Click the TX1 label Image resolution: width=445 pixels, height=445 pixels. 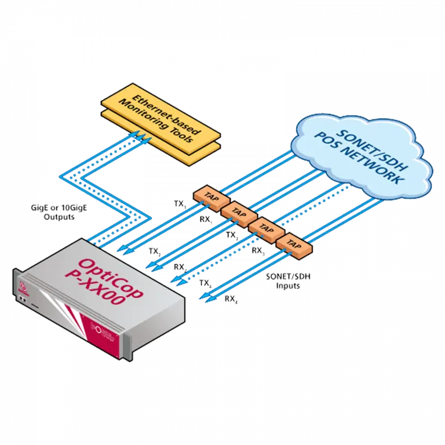(180, 205)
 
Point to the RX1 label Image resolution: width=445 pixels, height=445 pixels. (206, 220)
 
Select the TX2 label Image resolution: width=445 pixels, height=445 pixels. (155, 251)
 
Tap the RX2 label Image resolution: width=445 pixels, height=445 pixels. (181, 267)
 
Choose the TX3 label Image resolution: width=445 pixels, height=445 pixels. (232, 235)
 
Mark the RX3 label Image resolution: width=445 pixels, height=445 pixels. (258, 251)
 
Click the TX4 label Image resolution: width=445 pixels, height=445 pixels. (206, 283)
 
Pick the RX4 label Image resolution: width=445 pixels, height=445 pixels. (231, 299)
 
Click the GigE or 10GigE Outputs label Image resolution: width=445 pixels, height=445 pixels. (59, 212)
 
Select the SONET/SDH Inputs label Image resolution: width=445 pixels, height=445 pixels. (288, 280)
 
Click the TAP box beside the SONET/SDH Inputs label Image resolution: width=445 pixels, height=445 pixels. (294, 245)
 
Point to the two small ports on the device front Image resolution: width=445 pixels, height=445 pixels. (23, 299)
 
